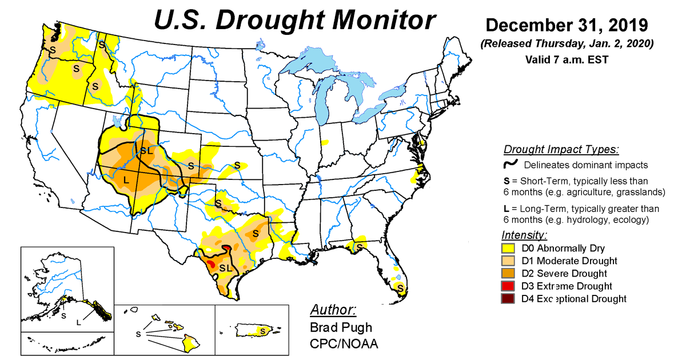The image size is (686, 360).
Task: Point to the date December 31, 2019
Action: point(567,26)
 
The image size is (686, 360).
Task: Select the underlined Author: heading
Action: point(333,310)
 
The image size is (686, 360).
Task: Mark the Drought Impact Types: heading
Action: point(561,150)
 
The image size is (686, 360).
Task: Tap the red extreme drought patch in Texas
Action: point(210,264)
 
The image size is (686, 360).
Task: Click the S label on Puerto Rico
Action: point(262,330)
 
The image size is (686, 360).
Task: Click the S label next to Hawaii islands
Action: point(138,333)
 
